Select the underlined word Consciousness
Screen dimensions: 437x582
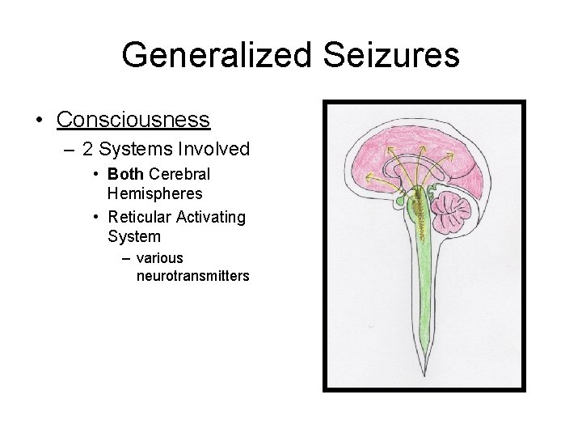tap(133, 120)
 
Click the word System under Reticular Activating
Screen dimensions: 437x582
tap(133, 236)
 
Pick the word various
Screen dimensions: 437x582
tap(160, 259)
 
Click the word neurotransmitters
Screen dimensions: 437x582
tap(193, 276)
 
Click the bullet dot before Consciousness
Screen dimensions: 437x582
tap(40, 121)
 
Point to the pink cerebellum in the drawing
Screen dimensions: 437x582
tap(450, 210)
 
